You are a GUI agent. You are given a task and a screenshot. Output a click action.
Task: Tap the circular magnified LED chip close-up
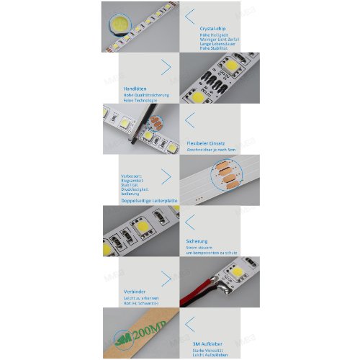(x=120, y=27)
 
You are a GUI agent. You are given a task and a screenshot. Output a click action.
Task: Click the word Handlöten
(x=135, y=89)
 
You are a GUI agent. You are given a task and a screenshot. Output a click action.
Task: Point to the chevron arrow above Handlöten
(x=166, y=68)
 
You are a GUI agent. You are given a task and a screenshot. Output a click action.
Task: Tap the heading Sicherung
(x=197, y=241)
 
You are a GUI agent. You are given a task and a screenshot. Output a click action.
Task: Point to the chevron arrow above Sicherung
(x=190, y=219)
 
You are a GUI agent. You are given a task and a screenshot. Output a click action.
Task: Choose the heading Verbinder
(x=125, y=291)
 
